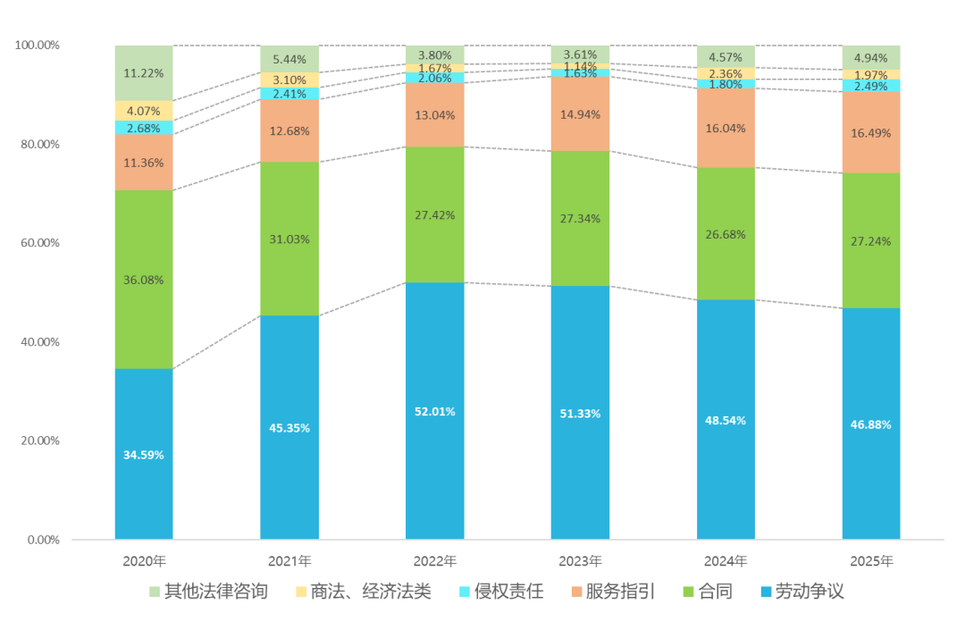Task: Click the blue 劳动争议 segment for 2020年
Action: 144,454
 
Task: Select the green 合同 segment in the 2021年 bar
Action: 289,239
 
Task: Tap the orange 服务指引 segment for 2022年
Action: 434,114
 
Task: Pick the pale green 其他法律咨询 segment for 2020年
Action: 144,72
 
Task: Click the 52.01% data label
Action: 434,412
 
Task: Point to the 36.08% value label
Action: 143,280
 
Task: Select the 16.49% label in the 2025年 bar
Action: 871,133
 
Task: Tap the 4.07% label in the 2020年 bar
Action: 143,112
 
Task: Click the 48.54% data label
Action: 726,421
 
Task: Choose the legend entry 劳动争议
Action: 802,592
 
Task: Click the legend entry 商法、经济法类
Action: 364,592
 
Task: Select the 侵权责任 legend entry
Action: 501,592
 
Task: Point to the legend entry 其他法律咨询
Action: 208,592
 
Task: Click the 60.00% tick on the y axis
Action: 40,243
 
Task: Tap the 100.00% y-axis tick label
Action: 37,45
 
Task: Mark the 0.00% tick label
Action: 43,540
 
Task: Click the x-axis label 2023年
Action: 580,561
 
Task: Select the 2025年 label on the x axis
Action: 871,561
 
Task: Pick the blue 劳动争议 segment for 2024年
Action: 726,420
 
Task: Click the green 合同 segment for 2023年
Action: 580,219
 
